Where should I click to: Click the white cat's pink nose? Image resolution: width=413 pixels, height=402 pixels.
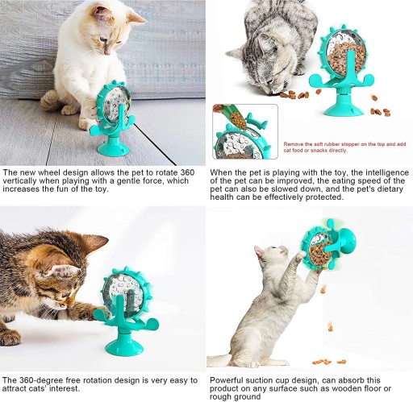pyautogui.click(x=107, y=52)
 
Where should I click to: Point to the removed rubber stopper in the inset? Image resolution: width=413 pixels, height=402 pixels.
pyautogui.click(x=257, y=121)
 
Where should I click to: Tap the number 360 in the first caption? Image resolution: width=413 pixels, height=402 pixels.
pyautogui.click(x=187, y=172)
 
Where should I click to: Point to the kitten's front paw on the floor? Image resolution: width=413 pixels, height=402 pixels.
pyautogui.click(x=10, y=338)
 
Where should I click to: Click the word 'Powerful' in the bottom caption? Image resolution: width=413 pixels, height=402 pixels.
pyautogui.click(x=225, y=380)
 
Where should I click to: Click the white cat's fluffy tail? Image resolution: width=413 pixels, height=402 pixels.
pyautogui.click(x=50, y=100)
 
